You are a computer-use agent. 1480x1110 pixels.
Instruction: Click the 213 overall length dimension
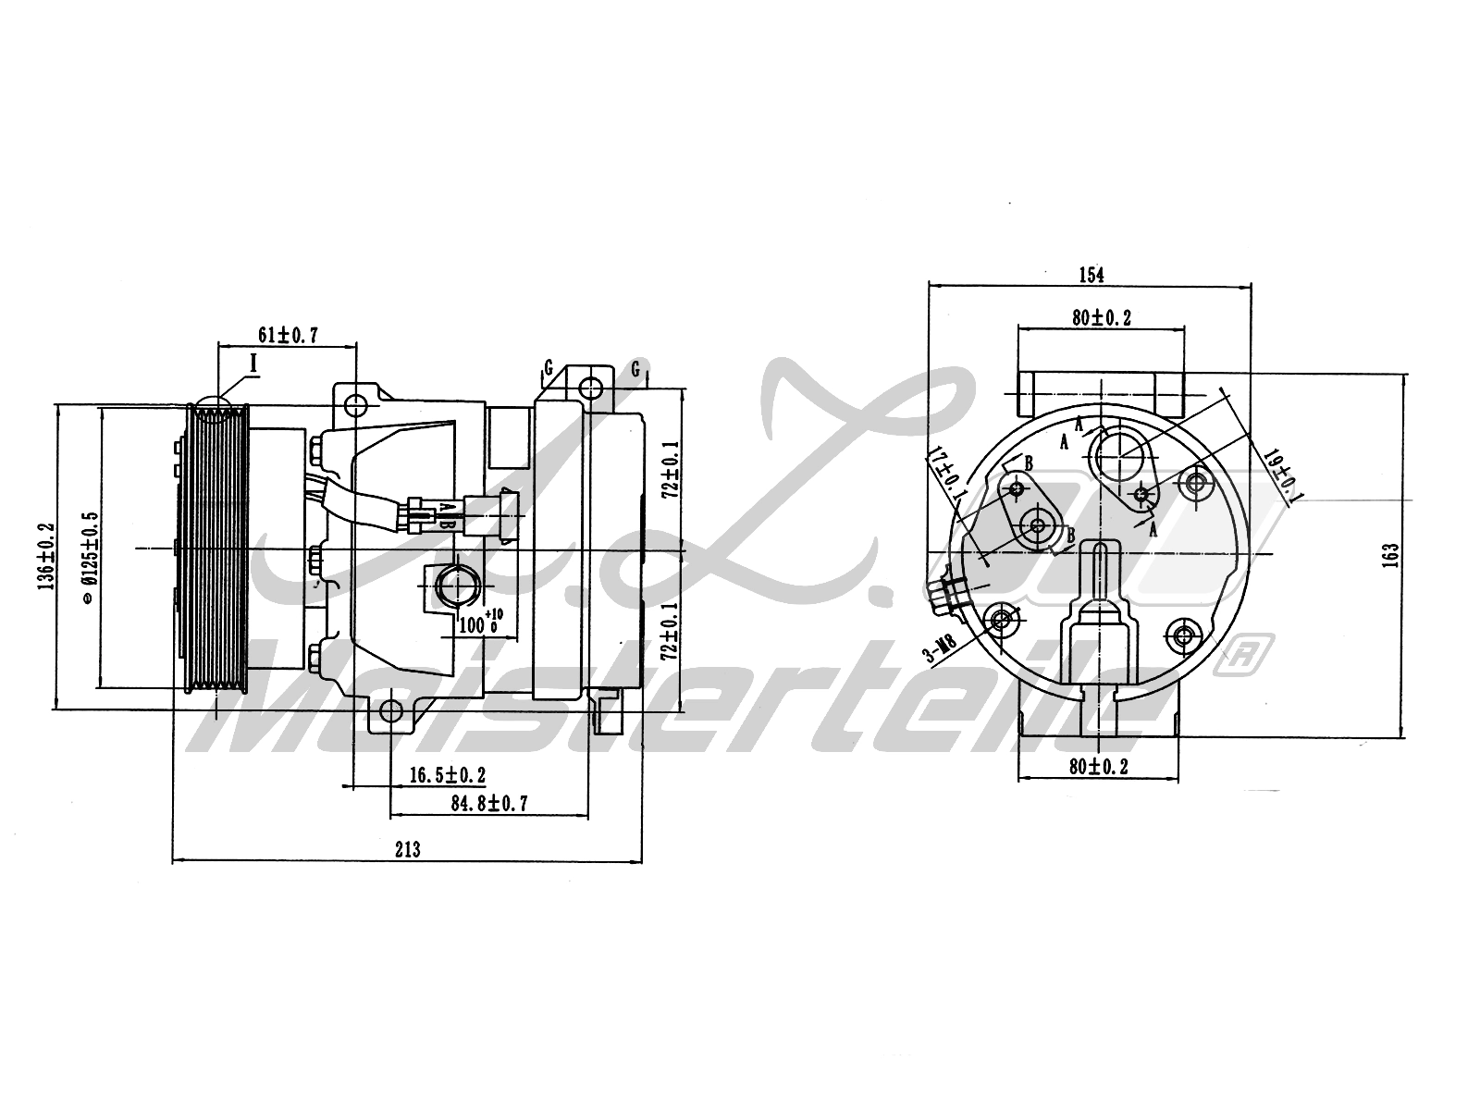(x=408, y=849)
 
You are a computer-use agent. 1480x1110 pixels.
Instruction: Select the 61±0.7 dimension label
(x=287, y=335)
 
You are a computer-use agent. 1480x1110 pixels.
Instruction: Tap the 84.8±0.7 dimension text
(x=489, y=803)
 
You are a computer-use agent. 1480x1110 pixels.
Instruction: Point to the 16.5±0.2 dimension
(x=447, y=775)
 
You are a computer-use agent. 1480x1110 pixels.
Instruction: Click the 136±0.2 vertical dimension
(x=45, y=556)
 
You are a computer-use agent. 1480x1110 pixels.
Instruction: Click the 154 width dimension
(x=1091, y=274)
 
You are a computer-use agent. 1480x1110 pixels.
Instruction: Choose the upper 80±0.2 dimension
(x=1102, y=317)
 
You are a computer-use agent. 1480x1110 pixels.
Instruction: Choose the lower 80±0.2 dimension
(x=1098, y=766)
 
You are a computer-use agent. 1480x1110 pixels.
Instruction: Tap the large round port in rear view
(x=1122, y=456)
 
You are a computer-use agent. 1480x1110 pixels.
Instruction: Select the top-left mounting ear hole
(x=356, y=404)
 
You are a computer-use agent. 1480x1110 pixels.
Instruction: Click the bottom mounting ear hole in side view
(x=391, y=710)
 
